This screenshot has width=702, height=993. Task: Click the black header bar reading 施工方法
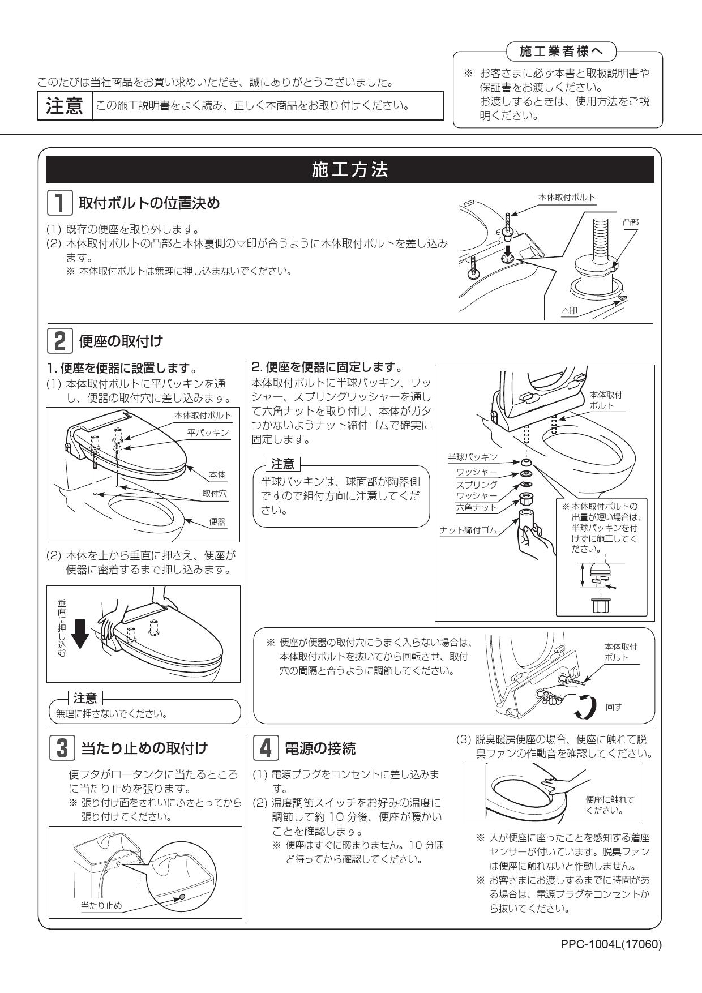[x=350, y=170]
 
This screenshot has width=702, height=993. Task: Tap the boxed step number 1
[x=59, y=203]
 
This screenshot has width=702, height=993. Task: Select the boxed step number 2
[x=59, y=341]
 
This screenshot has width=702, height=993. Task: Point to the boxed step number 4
[x=264, y=748]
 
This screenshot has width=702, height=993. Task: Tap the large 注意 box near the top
[x=65, y=106]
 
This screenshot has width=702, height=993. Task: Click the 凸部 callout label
[x=630, y=222]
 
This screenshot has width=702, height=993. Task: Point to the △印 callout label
[x=569, y=311]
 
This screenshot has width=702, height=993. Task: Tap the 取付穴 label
[x=215, y=494]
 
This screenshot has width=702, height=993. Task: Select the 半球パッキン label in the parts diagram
[x=473, y=457]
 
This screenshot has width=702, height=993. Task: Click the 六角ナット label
[x=477, y=508]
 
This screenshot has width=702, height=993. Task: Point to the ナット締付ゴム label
[x=468, y=530]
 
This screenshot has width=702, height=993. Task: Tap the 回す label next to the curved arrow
[x=614, y=708]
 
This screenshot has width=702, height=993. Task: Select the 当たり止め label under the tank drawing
[x=101, y=906]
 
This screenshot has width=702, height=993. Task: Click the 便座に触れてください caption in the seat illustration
[x=610, y=804]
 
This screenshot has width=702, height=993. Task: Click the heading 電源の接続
[x=320, y=748]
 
